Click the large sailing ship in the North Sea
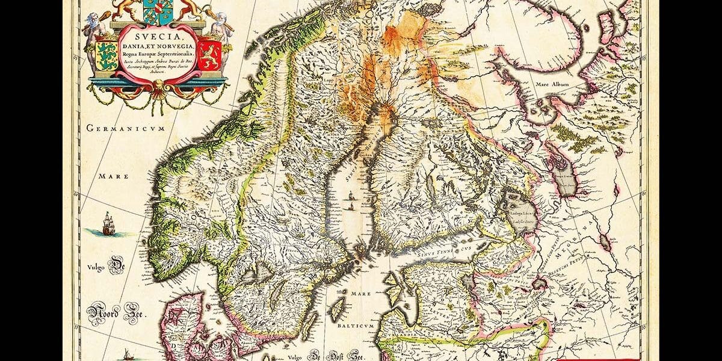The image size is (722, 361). [x=108, y=223]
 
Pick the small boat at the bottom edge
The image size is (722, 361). [x=127, y=354]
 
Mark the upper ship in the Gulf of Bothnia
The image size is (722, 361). [x=349, y=195]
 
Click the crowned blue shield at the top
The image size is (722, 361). [x=158, y=10]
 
